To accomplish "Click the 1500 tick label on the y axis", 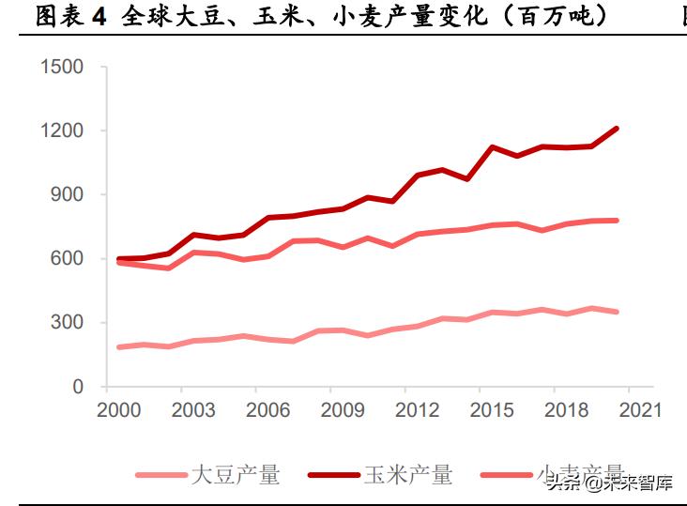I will (63, 67).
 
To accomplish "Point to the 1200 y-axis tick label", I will (63, 130).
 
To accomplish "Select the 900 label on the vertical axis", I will (69, 194).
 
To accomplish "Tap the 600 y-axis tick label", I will (69, 258).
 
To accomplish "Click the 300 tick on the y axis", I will (69, 322).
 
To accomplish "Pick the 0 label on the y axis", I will (79, 387).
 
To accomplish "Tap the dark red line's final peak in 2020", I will (617, 128).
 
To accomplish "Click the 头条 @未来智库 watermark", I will (611, 484).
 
